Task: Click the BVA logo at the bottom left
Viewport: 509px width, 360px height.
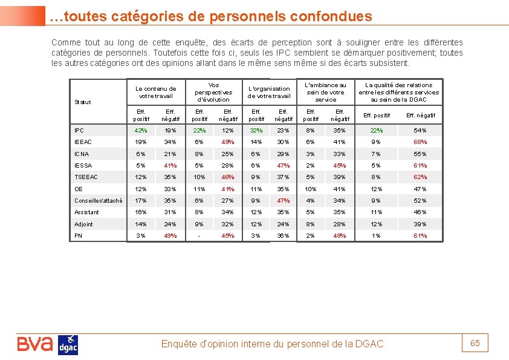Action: coord(35,344)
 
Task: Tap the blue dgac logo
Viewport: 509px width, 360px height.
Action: coord(68,345)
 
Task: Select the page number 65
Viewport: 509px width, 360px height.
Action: coord(475,343)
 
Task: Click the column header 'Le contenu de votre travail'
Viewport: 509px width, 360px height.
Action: coord(156,92)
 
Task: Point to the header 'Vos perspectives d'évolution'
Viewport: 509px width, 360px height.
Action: coord(213,92)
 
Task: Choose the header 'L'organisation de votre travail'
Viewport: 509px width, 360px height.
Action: coord(269,92)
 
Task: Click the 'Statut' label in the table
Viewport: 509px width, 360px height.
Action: coord(83,102)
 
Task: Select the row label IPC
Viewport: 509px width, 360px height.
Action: coord(79,130)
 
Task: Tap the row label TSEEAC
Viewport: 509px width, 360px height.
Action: coord(86,177)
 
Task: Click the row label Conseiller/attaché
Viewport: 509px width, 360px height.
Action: coord(98,200)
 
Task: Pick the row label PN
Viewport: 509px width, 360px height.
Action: coord(79,235)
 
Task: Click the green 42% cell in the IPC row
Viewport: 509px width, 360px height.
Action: coord(141,130)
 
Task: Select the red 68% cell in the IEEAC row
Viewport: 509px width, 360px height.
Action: coord(420,142)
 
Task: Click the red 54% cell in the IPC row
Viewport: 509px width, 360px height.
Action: coord(420,130)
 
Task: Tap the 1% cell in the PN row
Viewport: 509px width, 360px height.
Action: coord(376,235)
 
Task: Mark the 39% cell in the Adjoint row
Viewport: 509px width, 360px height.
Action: coord(420,224)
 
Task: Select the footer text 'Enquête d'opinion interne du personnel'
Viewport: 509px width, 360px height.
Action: coord(245,344)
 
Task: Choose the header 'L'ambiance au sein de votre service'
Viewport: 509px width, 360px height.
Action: coord(326,92)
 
